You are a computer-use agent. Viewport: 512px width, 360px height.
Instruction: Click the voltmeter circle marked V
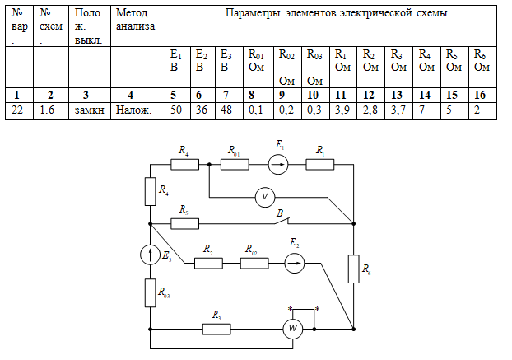click(265, 197)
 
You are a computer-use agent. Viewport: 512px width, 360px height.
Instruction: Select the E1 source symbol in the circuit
click(280, 164)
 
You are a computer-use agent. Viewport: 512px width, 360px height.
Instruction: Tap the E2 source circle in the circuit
click(293, 263)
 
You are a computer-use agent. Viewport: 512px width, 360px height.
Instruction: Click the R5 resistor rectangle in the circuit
click(184, 223)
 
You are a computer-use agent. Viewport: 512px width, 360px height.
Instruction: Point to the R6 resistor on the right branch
click(353, 269)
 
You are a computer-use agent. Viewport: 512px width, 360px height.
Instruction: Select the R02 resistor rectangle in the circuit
click(254, 263)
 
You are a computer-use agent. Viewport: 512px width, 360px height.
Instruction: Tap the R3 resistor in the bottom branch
click(216, 329)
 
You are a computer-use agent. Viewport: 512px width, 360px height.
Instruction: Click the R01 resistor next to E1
click(235, 164)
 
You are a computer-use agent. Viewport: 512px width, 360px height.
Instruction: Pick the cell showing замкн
click(88, 110)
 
